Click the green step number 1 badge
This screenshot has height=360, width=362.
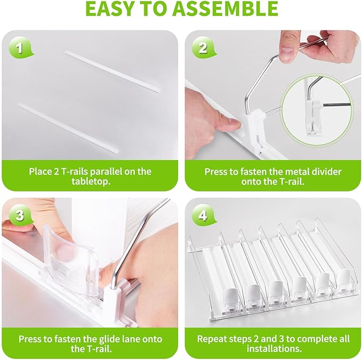[20, 48]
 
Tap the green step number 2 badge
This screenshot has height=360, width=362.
[204, 48]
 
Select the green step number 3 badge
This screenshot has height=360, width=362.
[20, 216]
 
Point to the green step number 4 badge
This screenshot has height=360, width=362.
[204, 216]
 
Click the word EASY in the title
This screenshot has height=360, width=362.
[109, 9]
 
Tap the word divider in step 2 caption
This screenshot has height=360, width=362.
[326, 172]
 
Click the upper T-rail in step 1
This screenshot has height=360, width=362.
[113, 72]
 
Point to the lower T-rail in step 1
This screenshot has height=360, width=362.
[69, 129]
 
